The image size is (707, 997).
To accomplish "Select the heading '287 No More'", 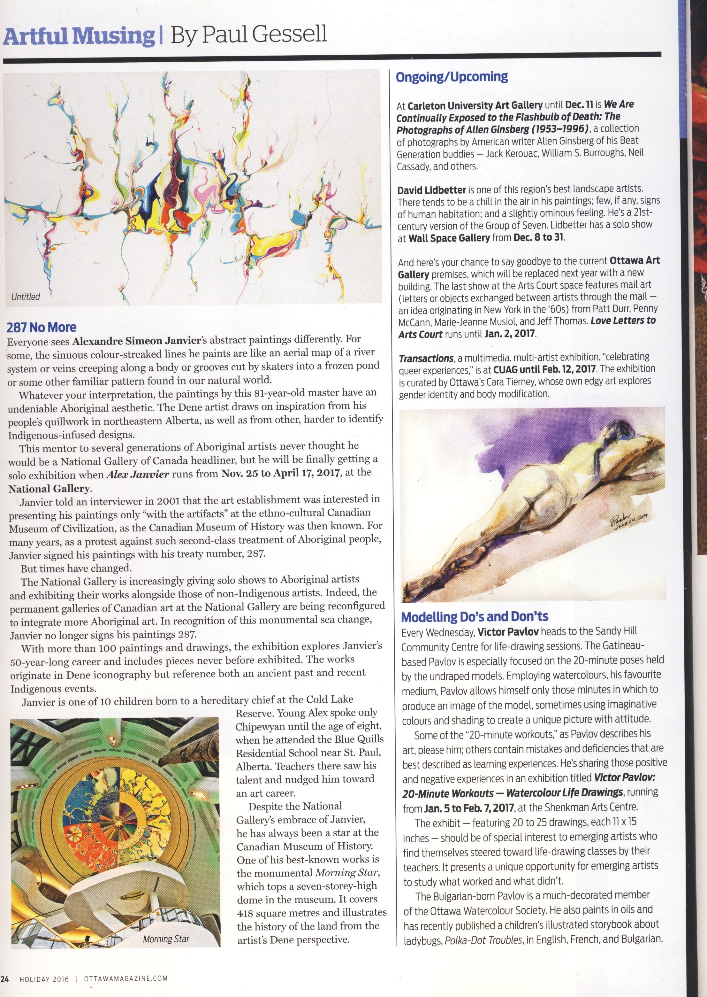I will coord(42,327).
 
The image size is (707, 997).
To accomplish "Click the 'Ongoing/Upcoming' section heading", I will coord(452,77).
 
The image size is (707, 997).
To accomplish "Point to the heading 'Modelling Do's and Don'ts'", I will coord(474,617).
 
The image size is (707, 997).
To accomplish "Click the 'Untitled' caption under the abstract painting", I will coord(26,297).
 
